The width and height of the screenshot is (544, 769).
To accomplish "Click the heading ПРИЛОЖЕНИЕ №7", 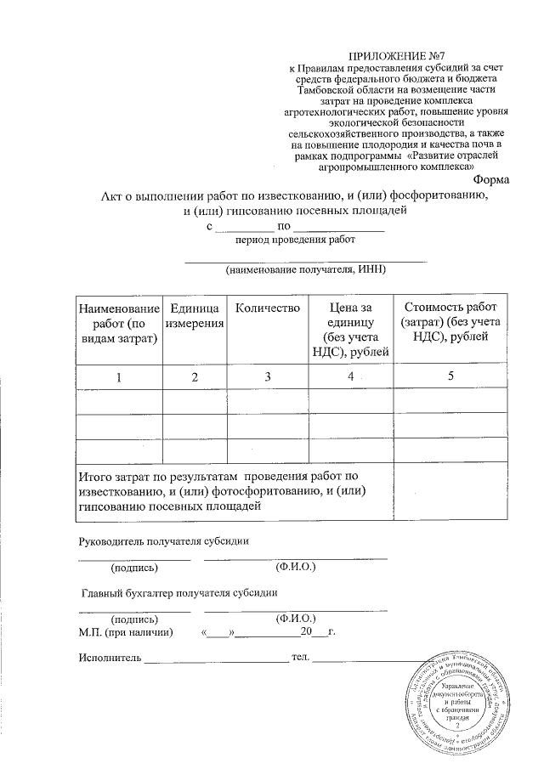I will [397, 55].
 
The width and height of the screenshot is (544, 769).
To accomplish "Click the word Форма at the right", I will [490, 179].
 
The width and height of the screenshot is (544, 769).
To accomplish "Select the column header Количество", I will [267, 307].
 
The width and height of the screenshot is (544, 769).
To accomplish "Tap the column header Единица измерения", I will [195, 315].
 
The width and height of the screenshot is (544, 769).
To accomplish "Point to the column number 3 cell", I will [267, 376].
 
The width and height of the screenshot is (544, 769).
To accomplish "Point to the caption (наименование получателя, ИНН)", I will [305, 269].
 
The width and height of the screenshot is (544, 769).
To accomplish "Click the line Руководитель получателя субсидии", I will [163, 542].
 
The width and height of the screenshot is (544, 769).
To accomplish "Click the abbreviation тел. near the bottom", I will [300, 659].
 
